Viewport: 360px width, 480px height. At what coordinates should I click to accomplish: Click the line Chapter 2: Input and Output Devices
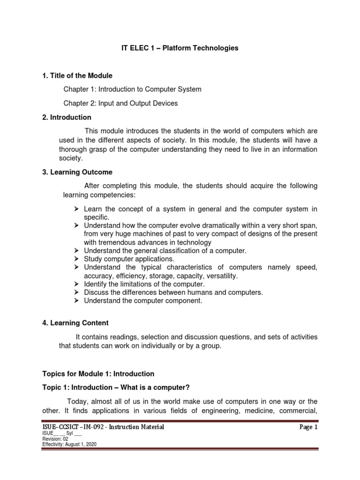click(x=121, y=103)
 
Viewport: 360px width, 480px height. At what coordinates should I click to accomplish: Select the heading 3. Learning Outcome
click(x=78, y=172)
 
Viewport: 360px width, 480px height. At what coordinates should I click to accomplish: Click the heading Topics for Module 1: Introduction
click(x=98, y=374)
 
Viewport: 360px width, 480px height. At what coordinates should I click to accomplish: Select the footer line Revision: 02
click(x=55, y=439)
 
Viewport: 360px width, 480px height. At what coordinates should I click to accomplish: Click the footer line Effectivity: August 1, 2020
click(x=69, y=444)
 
